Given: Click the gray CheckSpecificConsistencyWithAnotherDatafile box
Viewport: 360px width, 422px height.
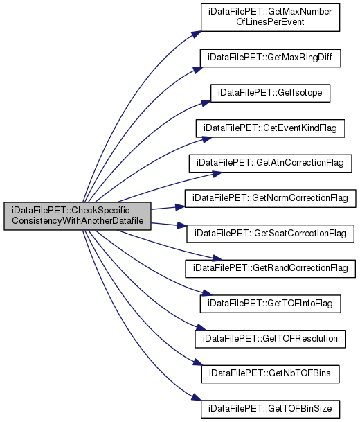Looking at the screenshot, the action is coord(78,216).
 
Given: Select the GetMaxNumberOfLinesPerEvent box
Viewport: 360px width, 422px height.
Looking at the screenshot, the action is coord(270,17).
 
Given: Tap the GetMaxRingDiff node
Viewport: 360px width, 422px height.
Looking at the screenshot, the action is coord(270,58).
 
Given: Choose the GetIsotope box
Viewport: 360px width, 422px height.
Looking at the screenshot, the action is coord(270,93).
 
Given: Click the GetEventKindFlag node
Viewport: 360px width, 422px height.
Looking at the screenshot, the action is coord(270,128).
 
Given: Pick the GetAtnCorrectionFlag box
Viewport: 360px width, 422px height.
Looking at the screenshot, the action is coord(270,164).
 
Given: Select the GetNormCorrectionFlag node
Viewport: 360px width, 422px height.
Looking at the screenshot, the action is coord(270,198).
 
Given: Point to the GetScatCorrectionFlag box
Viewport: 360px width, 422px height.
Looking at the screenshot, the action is coord(270,234).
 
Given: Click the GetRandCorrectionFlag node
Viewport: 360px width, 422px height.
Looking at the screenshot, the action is coord(270,269).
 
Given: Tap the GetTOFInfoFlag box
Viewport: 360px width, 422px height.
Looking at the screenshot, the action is coord(270,304).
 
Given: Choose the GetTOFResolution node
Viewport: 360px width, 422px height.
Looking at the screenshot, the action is coord(270,339).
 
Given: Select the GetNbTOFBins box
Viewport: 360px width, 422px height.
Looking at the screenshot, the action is coord(270,373).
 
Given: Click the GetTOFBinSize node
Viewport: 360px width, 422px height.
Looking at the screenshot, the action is coord(270,409).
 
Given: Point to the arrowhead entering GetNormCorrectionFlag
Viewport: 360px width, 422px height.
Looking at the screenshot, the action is coord(180,206).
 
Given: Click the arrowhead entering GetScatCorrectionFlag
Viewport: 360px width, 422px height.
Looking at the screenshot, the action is coord(182,225).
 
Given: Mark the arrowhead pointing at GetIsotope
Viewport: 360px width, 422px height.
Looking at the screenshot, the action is coord(206,103).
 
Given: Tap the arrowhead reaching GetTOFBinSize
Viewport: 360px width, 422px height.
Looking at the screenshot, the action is coord(197,397).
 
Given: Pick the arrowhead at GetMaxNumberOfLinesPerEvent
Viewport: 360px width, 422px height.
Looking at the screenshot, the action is coord(196,35).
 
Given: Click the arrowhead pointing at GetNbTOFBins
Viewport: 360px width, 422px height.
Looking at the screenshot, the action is coord(197,362).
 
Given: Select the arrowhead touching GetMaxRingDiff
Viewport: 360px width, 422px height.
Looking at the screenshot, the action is coord(197,70).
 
